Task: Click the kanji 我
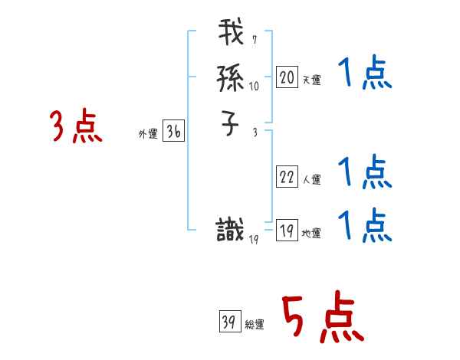click(x=232, y=35)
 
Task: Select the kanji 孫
click(x=232, y=77)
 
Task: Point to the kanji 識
click(x=232, y=230)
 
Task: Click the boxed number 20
click(x=287, y=77)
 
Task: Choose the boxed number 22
click(x=287, y=178)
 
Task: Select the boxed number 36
click(x=173, y=132)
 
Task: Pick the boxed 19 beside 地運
click(x=287, y=231)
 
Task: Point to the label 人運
click(x=311, y=180)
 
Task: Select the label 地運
click(x=311, y=234)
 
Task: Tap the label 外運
click(x=147, y=134)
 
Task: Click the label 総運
click(x=255, y=325)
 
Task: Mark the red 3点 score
click(x=76, y=126)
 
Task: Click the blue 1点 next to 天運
click(x=364, y=75)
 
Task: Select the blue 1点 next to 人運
click(x=364, y=172)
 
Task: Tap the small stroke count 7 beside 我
click(x=254, y=40)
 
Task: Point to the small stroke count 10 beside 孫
click(x=255, y=87)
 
